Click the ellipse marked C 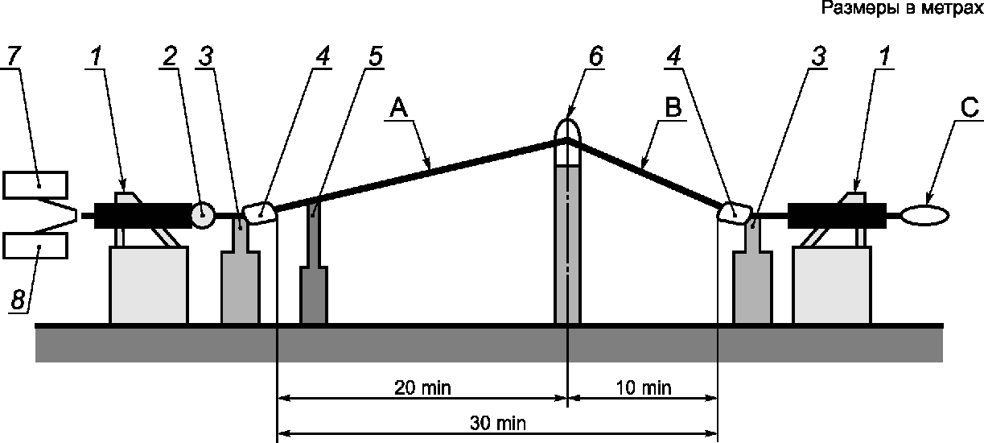pyautogui.click(x=925, y=215)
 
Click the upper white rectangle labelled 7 pyautogui.click(x=35, y=184)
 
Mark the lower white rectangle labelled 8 pyautogui.click(x=35, y=245)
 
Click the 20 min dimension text pyautogui.click(x=423, y=387)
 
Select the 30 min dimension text pyautogui.click(x=503, y=422)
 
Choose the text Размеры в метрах pyautogui.click(x=902, y=9)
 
